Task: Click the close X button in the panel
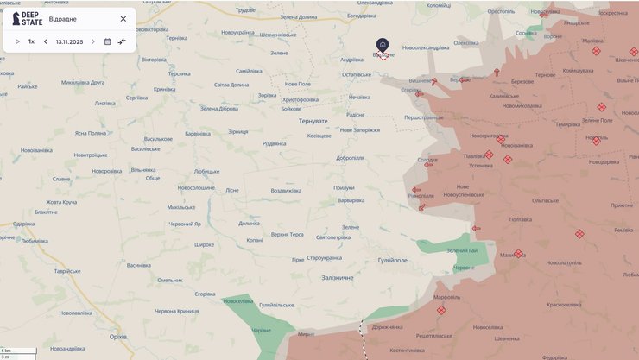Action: point(123,19)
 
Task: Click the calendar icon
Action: point(108,41)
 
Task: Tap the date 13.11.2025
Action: point(69,41)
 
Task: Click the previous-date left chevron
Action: point(46,41)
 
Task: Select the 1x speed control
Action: point(31,41)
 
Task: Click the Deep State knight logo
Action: point(16,19)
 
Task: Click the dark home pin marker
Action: point(383,44)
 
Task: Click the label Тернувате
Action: point(313,121)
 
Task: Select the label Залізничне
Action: point(338,277)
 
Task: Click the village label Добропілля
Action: point(351,158)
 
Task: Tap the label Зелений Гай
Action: point(462,250)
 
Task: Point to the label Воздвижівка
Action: point(286,190)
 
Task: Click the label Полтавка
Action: point(521,219)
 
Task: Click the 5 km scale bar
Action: point(18,351)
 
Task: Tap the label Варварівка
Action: point(351,200)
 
